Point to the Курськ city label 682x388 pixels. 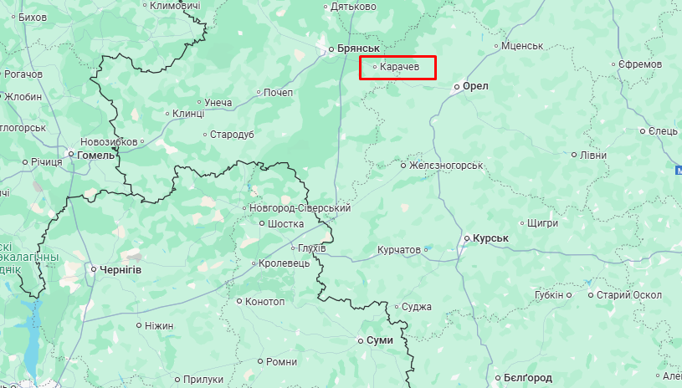pos(490,238)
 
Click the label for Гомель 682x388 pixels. pos(95,155)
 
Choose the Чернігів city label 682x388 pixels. pos(121,269)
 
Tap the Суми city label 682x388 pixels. pos(379,340)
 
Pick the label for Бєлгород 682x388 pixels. pos(528,378)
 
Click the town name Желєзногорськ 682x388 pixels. pos(446,166)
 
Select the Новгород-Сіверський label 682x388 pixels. pos(300,208)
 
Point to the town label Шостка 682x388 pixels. pos(286,224)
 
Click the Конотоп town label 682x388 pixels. pos(266,301)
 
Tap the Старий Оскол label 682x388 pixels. pos(628,295)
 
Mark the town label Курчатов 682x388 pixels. pos(398,249)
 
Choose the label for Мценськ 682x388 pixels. pos(522,46)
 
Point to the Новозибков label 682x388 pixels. pos(108,142)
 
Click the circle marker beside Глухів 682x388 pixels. pos(293,248)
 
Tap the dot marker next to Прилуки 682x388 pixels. pos(177,379)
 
